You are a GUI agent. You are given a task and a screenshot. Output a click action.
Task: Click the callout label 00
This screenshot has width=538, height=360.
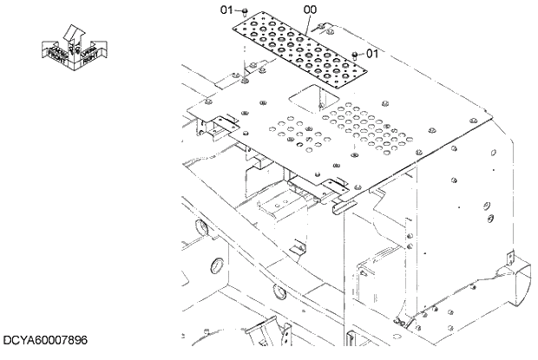coord(309,10)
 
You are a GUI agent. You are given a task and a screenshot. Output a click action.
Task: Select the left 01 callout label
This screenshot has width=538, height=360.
coord(226,10)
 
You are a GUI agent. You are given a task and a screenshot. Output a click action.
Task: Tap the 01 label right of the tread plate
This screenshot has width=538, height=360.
coord(373,54)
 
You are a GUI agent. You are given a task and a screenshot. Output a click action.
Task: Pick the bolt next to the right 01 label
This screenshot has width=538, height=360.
coord(355,55)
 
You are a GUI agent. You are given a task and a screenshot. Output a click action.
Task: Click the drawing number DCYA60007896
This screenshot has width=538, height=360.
coord(44,341)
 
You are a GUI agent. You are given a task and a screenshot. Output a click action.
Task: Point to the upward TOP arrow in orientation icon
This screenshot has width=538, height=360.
coord(75,34)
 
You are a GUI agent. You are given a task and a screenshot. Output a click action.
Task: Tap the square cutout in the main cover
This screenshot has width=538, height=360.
coord(300,101)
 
